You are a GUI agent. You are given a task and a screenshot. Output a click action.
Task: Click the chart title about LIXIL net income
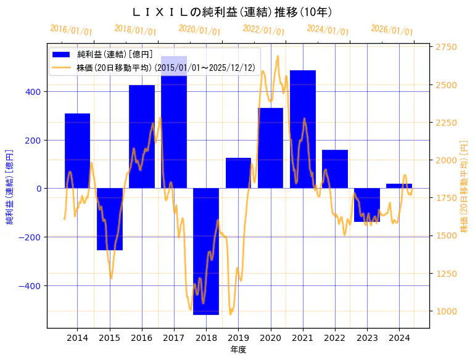(233, 12)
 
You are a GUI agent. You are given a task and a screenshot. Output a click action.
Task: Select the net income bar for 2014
(77, 151)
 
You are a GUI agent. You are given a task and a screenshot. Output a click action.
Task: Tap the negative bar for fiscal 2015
(110, 219)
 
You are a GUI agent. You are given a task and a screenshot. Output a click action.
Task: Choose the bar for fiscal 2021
(303, 129)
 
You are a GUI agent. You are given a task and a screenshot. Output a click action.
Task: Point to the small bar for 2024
(399, 186)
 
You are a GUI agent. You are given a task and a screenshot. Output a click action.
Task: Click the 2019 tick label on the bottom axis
(238, 338)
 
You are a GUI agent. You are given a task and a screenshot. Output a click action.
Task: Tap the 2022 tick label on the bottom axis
(335, 338)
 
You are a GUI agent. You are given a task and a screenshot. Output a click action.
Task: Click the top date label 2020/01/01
(199, 30)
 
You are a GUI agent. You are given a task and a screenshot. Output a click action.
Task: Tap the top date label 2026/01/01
(392, 30)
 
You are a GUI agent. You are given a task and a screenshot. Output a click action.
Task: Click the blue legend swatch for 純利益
(62, 54)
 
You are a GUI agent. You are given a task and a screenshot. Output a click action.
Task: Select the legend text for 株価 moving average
(165, 67)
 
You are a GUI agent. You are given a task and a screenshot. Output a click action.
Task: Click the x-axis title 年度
(238, 350)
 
